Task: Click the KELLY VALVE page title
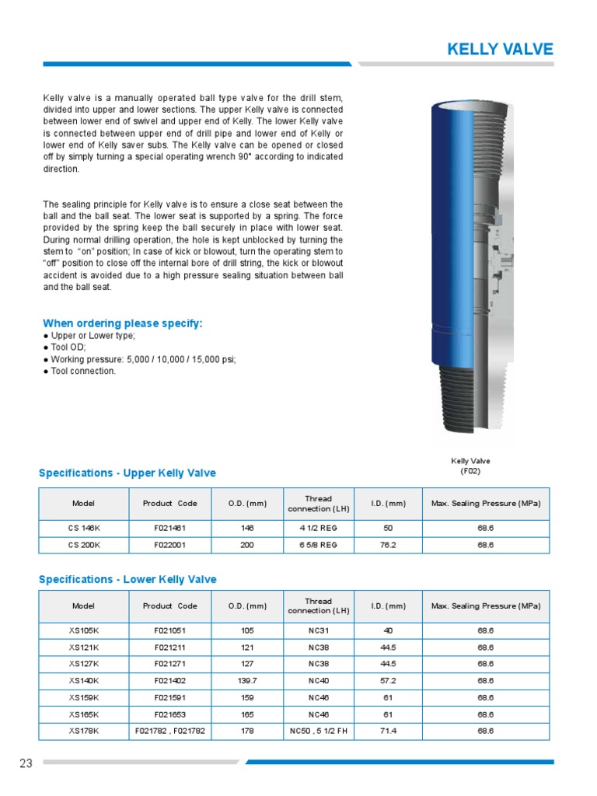point(500,50)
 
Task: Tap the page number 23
point(26,763)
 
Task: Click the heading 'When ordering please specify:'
point(122,323)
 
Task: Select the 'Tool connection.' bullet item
point(82,371)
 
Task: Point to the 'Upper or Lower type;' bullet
point(92,336)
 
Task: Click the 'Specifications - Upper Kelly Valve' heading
point(127,473)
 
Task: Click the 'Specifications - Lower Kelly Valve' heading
point(127,579)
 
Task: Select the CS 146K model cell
point(84,527)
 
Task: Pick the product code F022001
point(169,545)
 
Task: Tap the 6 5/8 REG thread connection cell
point(319,545)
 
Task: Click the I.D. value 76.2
point(388,545)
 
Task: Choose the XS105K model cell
point(83,630)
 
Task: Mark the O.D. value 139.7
point(248,680)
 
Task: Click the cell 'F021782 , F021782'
point(169,731)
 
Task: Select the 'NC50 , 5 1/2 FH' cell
point(319,731)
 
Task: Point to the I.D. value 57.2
point(388,680)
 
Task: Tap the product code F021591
point(169,697)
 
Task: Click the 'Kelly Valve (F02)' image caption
point(470,466)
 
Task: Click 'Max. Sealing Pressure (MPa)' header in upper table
point(485,504)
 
